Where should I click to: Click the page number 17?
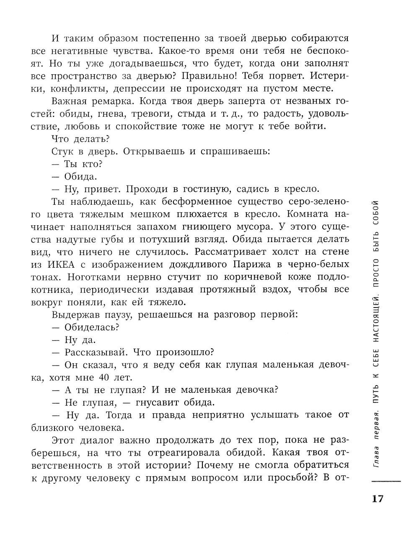point(377,499)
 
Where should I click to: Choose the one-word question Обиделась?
point(92,327)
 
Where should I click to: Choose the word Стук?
point(62,151)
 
